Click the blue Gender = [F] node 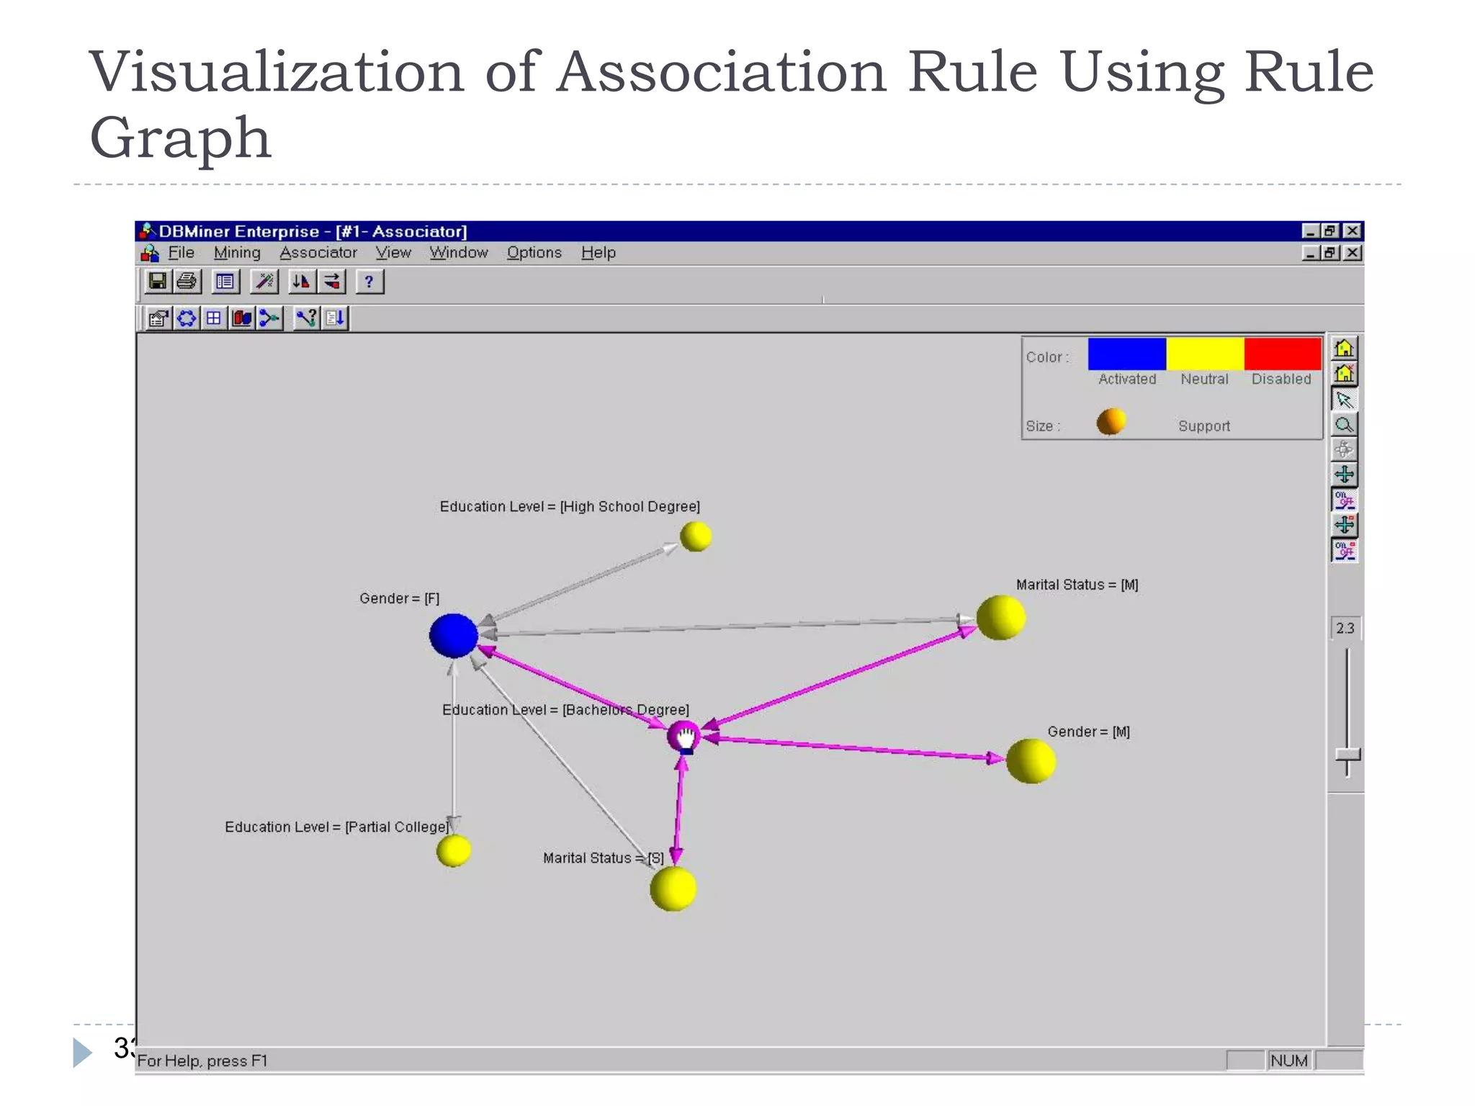(453, 635)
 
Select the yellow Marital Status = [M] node (1000, 617)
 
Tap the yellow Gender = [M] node (1031, 760)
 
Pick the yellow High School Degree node (696, 536)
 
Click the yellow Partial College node (454, 850)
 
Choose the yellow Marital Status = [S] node (673, 888)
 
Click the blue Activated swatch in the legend (1126, 354)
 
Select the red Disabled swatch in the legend (1282, 354)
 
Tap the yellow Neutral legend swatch (1204, 354)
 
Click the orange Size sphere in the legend (1111, 422)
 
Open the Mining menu (237, 253)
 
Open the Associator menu (318, 253)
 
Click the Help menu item (598, 253)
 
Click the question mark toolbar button (369, 282)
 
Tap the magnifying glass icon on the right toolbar (1344, 425)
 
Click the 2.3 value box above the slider (1345, 628)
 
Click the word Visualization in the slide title (277, 72)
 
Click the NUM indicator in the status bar (1288, 1061)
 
